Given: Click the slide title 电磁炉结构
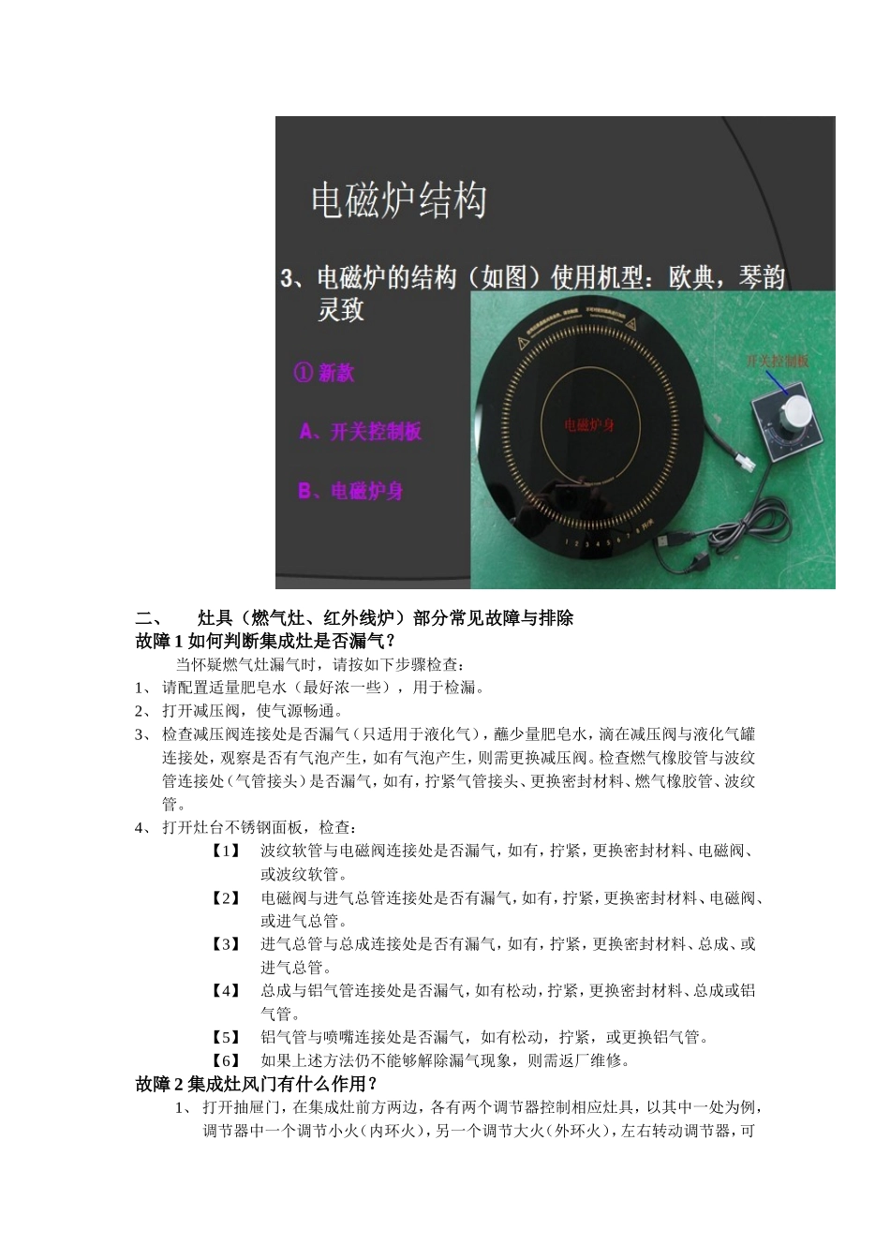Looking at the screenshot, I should tap(398, 200).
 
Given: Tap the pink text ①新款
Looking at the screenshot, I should tap(324, 373).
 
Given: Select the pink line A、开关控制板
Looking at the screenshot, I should tap(361, 432).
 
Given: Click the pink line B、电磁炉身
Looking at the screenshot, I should tap(350, 491).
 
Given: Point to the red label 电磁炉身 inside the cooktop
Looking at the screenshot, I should tap(589, 426).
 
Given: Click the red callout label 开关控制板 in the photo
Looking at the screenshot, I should tap(777, 361).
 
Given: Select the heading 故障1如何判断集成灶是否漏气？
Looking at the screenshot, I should tap(265, 642).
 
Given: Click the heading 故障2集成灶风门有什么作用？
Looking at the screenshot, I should tap(258, 1084).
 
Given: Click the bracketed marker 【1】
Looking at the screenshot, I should tap(226, 851).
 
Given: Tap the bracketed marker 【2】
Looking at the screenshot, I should tap(226, 897).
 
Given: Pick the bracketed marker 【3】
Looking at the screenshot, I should tap(226, 944).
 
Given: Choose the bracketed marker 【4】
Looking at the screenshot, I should tap(226, 990).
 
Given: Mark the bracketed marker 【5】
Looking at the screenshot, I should tap(226, 1037).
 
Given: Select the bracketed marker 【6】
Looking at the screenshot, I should tap(226, 1060).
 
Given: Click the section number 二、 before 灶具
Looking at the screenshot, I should tap(150, 618).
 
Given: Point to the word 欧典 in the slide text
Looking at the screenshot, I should tap(692, 278).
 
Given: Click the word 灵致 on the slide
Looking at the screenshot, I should tap(340, 310).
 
